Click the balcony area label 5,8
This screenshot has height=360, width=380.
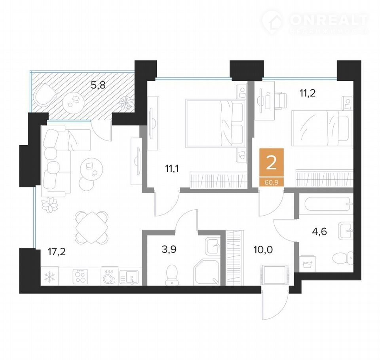click(x=98, y=85)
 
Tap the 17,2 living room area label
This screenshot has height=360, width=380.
click(x=57, y=252)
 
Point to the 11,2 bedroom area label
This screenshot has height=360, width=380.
click(x=308, y=93)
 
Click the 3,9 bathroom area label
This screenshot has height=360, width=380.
click(x=169, y=249)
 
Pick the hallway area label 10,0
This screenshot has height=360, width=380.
click(x=263, y=249)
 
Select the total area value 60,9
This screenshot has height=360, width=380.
click(x=272, y=182)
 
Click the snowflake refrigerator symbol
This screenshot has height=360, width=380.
click(x=50, y=277)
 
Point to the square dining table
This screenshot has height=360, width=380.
click(x=91, y=227)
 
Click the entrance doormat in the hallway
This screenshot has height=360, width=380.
click(x=275, y=275)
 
